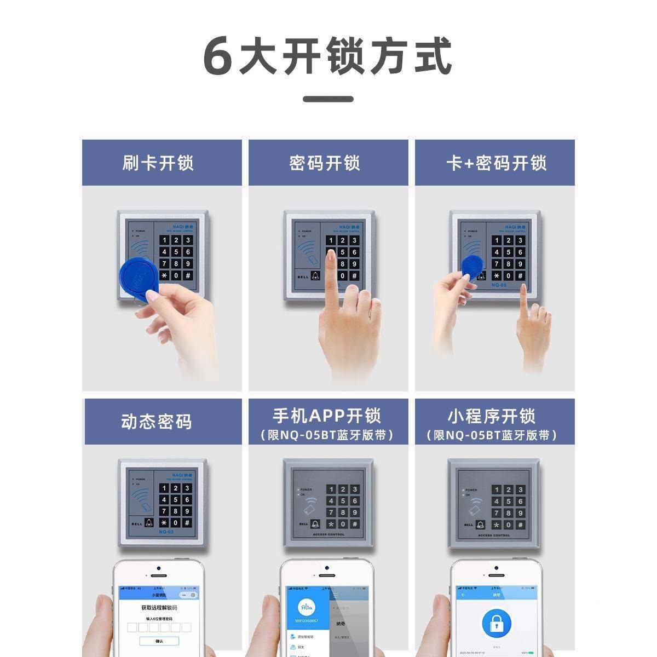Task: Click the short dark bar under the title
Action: [x=328, y=99]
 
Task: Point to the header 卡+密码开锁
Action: [x=496, y=163]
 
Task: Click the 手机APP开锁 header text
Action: [x=327, y=416]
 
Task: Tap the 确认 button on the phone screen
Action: [x=159, y=641]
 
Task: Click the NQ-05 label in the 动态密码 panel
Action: [x=166, y=532]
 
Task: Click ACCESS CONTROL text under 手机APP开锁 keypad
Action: [x=328, y=534]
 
